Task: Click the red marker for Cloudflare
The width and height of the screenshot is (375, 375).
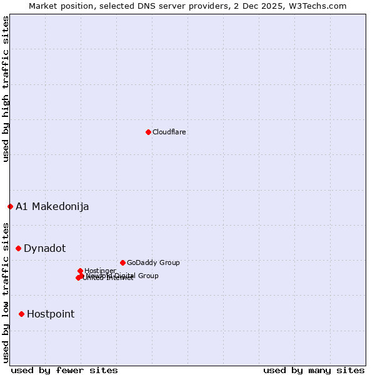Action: pyautogui.click(x=148, y=132)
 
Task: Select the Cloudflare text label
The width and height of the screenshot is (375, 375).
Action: pyautogui.click(x=169, y=132)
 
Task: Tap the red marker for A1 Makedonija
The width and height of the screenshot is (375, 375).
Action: pyautogui.click(x=10, y=206)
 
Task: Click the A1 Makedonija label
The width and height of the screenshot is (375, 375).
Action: pyautogui.click(x=52, y=207)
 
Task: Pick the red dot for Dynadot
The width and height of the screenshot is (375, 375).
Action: pyautogui.click(x=18, y=248)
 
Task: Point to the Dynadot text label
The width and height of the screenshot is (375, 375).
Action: pyautogui.click(x=44, y=249)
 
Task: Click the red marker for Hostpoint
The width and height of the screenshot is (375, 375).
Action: pyautogui.click(x=21, y=314)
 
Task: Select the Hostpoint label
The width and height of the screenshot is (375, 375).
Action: pyautogui.click(x=50, y=314)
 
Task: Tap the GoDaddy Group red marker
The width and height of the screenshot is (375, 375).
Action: pyautogui.click(x=122, y=262)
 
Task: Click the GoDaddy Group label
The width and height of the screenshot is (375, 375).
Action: pyautogui.click(x=152, y=262)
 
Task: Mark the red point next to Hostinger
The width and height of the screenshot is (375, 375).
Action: pyautogui.click(x=80, y=271)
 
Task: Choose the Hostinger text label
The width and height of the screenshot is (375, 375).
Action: pyautogui.click(x=100, y=271)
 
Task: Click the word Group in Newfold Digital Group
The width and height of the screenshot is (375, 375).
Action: pyautogui.click(x=147, y=276)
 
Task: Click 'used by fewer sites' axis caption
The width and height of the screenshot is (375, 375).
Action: pyautogui.click(x=64, y=370)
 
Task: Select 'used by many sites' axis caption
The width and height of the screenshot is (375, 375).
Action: pyautogui.click(x=314, y=370)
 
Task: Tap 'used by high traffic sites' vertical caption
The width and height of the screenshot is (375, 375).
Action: pyautogui.click(x=6, y=89)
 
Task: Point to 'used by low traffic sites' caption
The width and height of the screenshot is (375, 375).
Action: pyautogui.click(x=6, y=292)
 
